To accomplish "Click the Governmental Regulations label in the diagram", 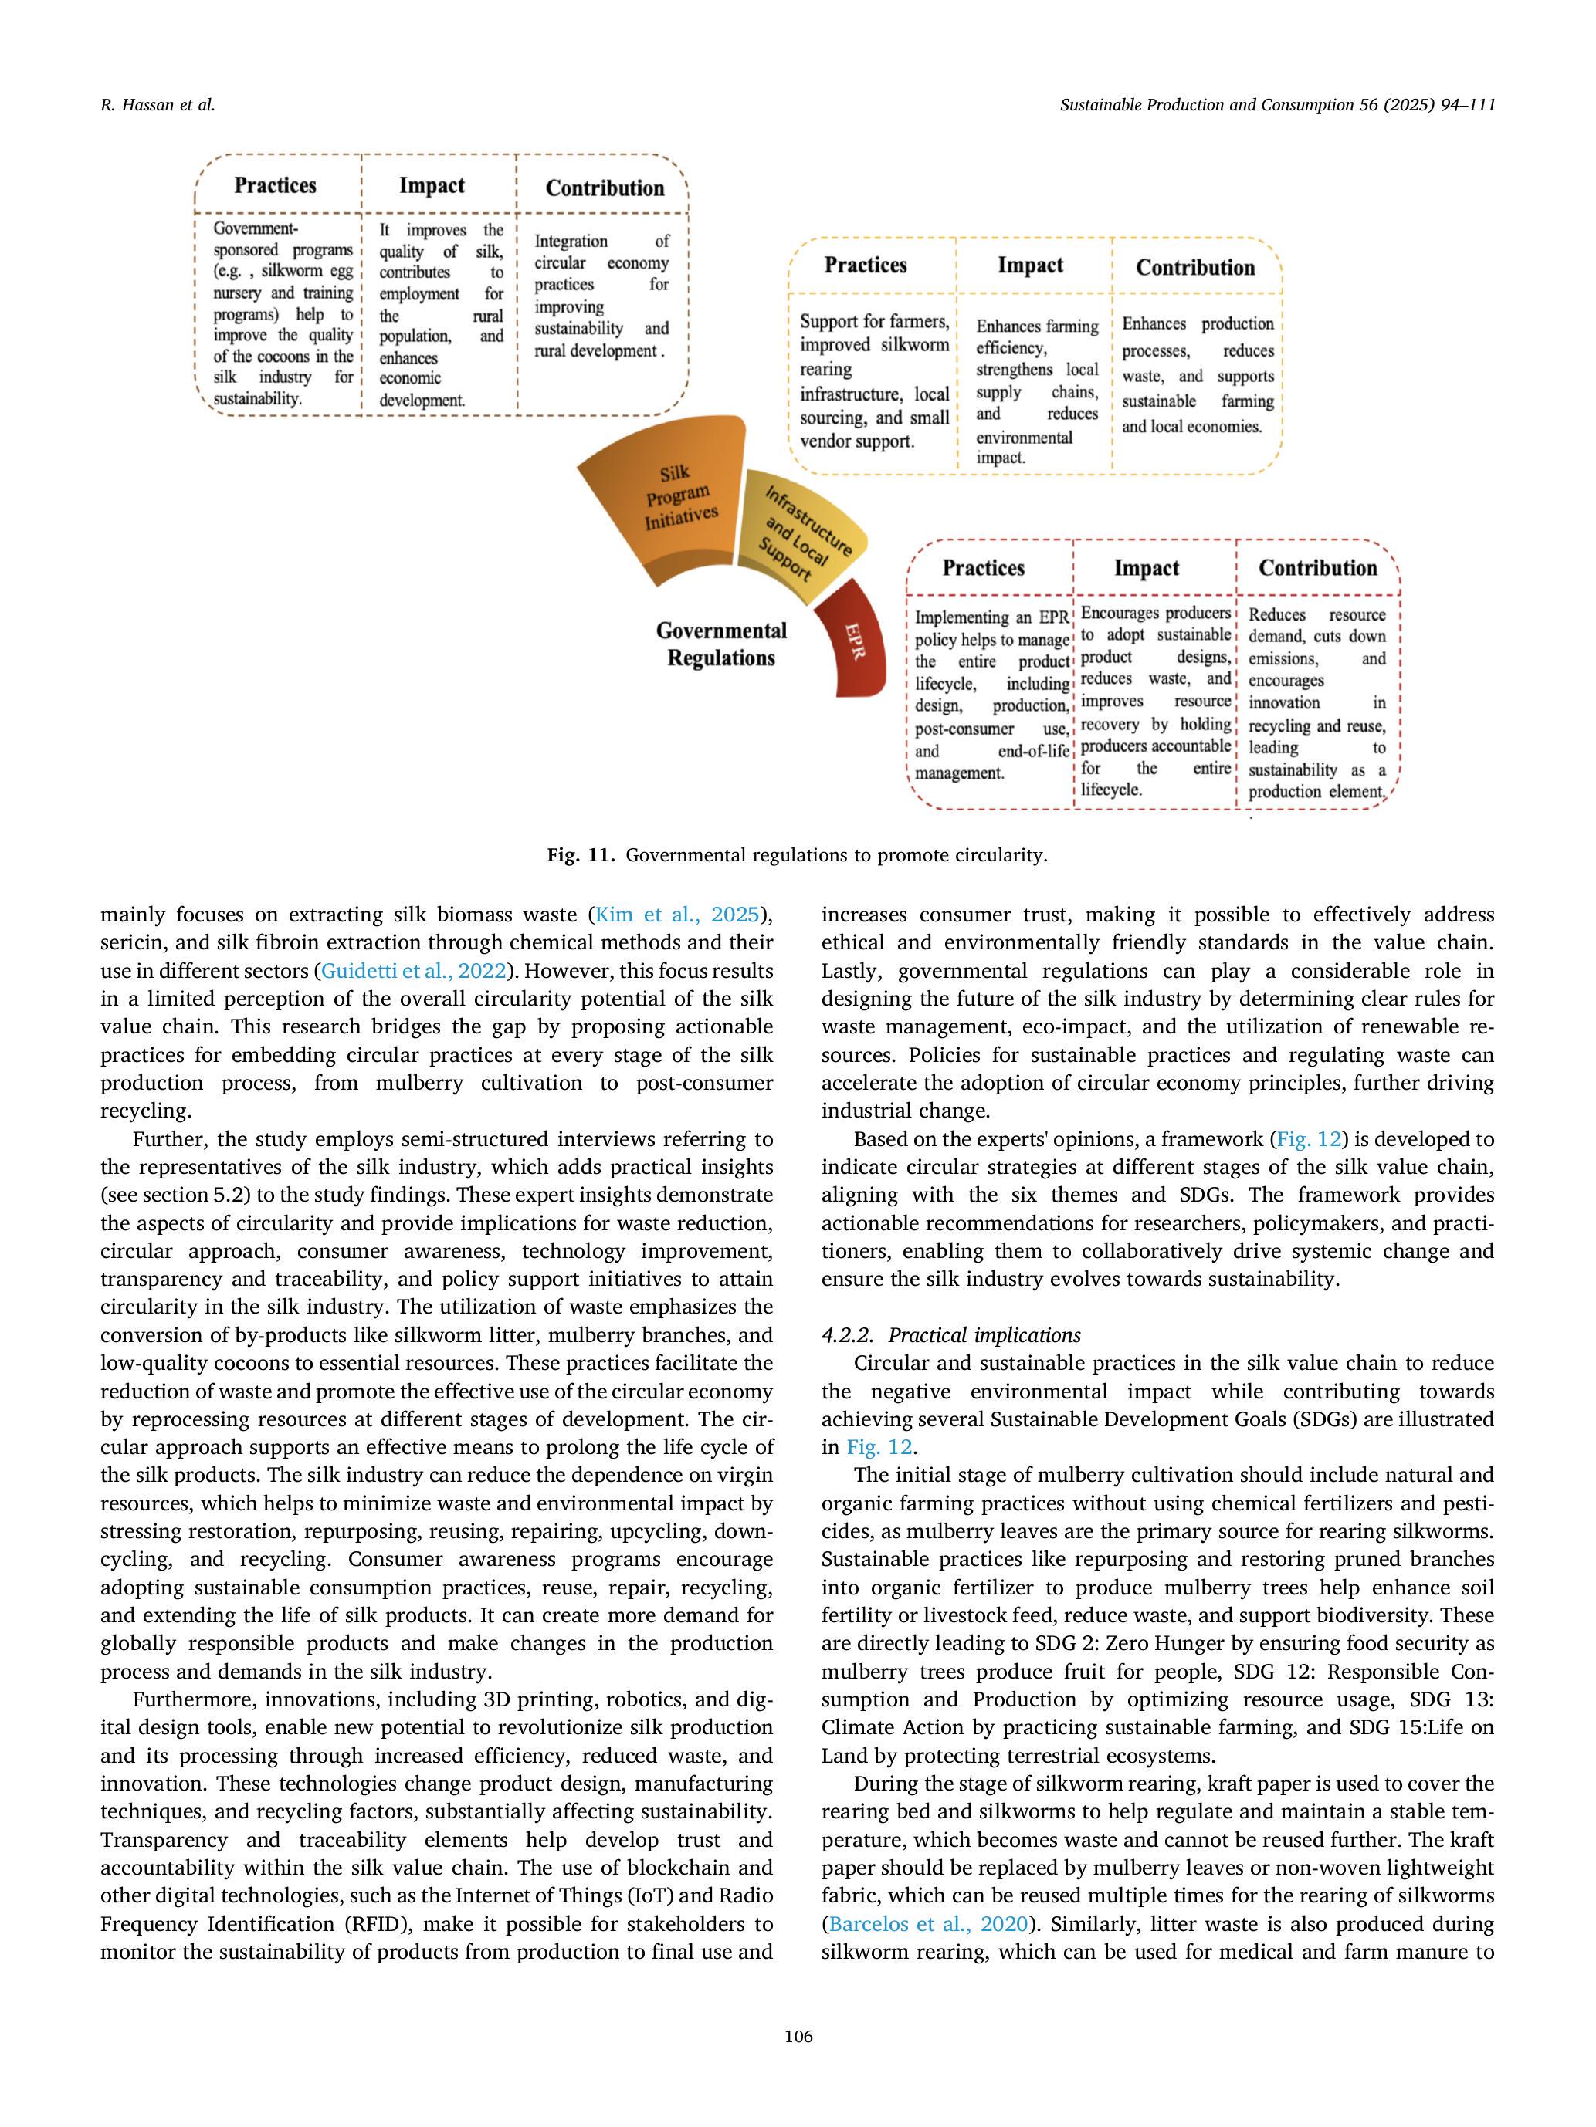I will pos(720,644).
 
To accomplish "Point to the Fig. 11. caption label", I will pos(580,855).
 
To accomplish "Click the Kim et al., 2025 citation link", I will pos(677,915).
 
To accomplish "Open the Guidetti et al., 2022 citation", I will pos(414,970).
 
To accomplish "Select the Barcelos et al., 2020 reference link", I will pos(927,1924).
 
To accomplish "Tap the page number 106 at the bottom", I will pos(798,2036).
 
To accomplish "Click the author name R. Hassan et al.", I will pos(158,106).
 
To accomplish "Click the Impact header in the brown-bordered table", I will pos(432,185).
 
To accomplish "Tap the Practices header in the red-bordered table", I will pos(983,568).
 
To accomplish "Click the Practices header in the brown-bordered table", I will pos(275,185).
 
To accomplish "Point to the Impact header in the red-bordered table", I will pos(1146,568).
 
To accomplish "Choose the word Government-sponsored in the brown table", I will pos(256,229).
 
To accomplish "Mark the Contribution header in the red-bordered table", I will pos(1318,568).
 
